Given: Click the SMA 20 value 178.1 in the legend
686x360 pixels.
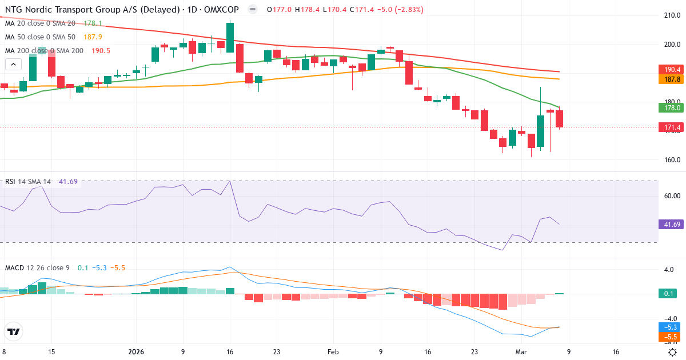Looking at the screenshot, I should [x=93, y=23].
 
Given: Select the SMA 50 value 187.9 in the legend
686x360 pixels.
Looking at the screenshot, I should [x=93, y=37].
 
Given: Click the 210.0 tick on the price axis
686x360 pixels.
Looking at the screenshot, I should [x=669, y=15].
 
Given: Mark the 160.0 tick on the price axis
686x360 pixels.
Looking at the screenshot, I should [x=669, y=160].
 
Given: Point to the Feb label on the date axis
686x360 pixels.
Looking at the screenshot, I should [x=334, y=352].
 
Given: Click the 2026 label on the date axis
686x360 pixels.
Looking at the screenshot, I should [x=136, y=352].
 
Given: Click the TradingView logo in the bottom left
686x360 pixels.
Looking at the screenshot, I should [x=13, y=331].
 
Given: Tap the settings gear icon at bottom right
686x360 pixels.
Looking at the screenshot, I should [x=673, y=352].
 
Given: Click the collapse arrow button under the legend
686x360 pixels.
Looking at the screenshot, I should [x=11, y=65].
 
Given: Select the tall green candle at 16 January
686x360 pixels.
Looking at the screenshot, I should [x=230, y=38].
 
